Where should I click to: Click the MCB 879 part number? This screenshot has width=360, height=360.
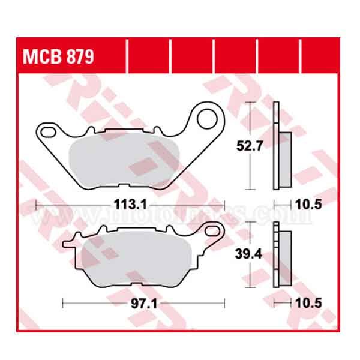tap(58, 57)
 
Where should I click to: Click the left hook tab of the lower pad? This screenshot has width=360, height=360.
tap(68, 243)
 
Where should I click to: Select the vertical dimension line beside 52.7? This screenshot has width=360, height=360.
tap(250, 146)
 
